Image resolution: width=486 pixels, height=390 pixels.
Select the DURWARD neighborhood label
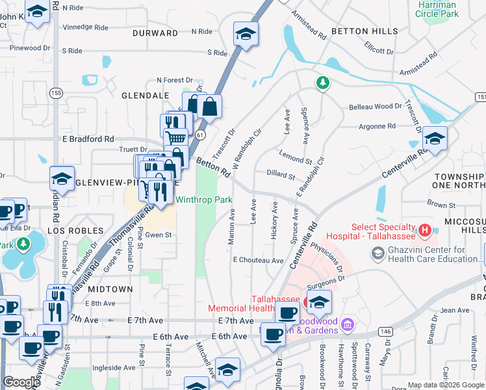click(x=155, y=32)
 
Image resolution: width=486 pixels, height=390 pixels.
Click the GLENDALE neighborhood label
click(x=144, y=96)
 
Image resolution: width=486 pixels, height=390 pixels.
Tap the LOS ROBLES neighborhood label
click(x=75, y=231)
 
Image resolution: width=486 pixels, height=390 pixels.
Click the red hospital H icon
click(x=424, y=230)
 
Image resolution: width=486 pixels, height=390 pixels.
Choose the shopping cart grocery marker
click(x=175, y=138)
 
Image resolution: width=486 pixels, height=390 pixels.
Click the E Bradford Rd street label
click(x=88, y=139)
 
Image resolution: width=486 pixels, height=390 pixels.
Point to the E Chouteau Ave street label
click(x=259, y=260)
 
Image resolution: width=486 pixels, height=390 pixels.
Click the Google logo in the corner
click(x=21, y=382)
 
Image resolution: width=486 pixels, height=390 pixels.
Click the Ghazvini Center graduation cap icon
click(x=378, y=253)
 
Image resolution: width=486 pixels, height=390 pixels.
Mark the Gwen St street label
click(x=157, y=235)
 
